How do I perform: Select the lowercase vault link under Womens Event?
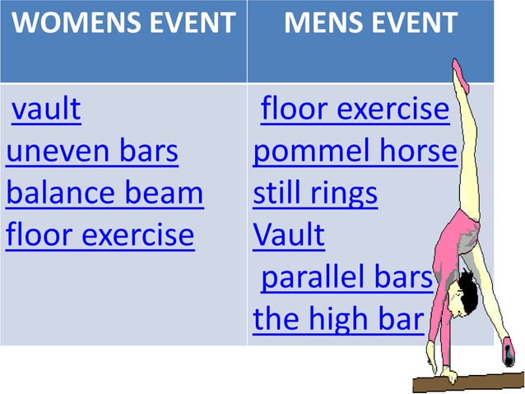point(46,110)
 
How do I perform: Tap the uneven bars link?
point(92,152)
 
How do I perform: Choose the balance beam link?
point(105,195)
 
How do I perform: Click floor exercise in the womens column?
point(100,237)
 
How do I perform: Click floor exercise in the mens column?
point(355,110)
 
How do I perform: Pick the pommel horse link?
point(355,152)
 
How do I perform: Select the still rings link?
point(315,195)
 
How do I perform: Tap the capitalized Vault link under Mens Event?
point(289,237)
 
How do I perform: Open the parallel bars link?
point(346,279)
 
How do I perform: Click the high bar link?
point(337,320)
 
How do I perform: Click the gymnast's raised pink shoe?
point(462,75)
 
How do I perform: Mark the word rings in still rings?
point(341,195)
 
